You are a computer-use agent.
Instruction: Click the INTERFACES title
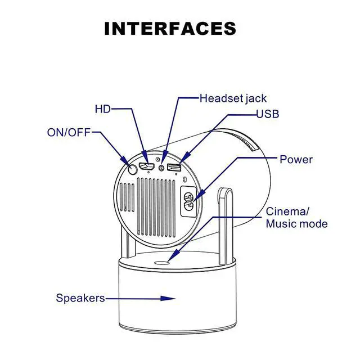click(170, 29)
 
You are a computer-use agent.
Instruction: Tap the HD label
click(103, 108)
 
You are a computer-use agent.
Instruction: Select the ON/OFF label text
click(68, 133)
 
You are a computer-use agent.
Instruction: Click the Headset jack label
click(233, 98)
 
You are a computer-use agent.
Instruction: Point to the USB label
click(268, 114)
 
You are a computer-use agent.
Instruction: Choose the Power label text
click(296, 159)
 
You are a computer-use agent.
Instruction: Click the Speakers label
click(80, 298)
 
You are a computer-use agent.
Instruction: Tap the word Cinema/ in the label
click(287, 211)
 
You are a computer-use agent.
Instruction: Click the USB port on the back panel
click(174, 168)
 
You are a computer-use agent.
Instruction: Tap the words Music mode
click(296, 224)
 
